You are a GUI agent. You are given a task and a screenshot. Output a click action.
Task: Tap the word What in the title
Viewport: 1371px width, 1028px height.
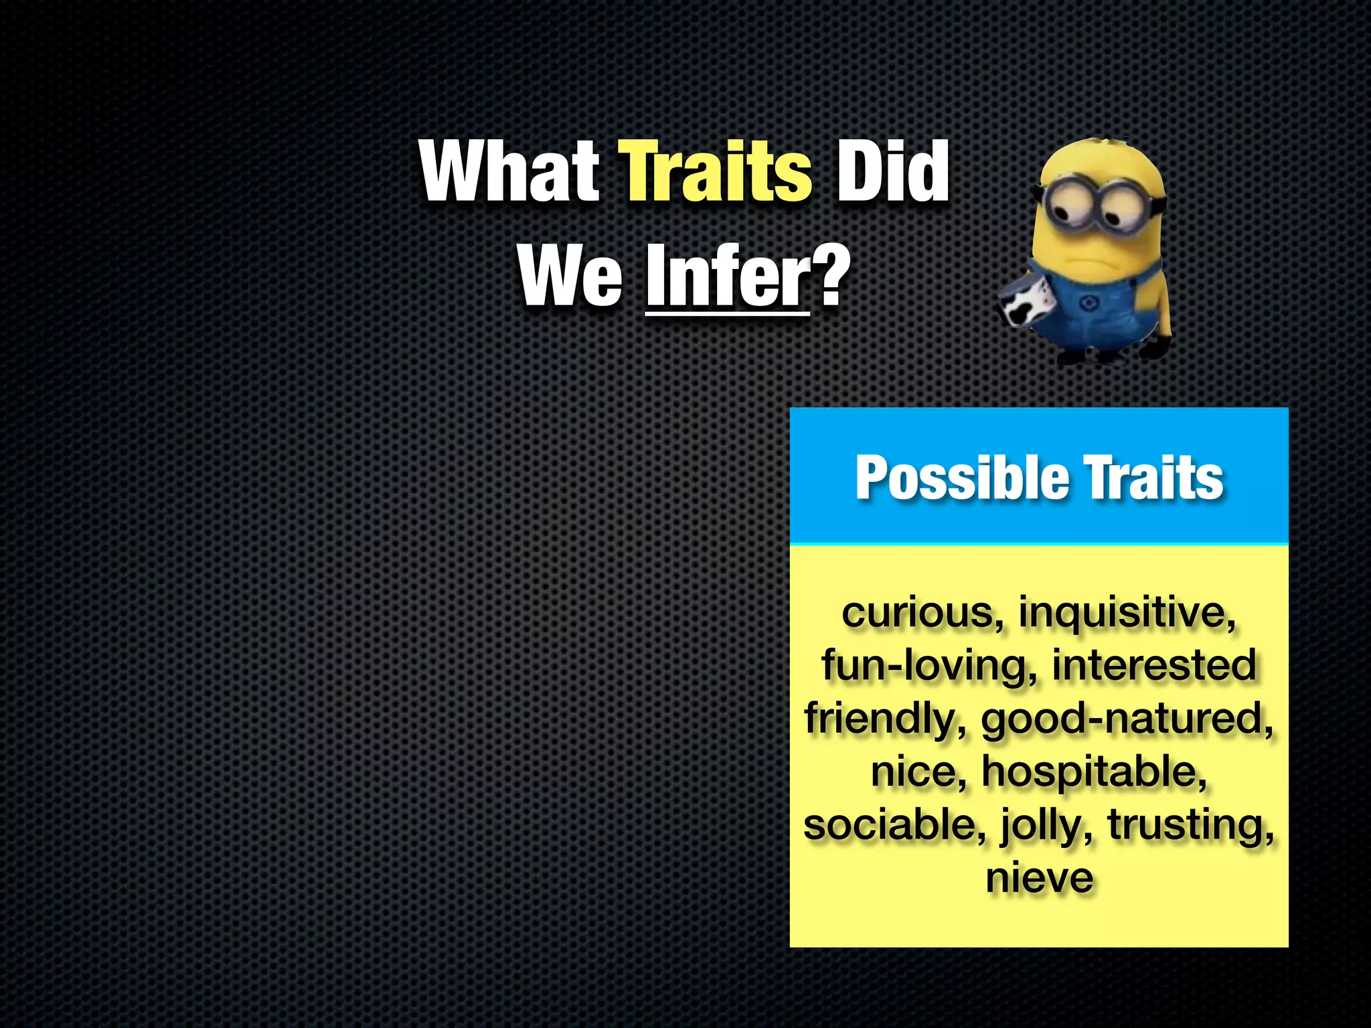pos(510,172)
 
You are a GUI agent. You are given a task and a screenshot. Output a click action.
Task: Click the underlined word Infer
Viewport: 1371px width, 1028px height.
pos(728,276)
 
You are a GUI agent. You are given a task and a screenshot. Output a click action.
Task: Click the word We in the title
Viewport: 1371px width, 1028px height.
pos(570,276)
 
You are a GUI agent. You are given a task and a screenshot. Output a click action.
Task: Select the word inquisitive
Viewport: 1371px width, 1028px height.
pos(1127,612)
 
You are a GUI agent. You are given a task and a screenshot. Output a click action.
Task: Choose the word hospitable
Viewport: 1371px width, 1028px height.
pos(1094,771)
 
